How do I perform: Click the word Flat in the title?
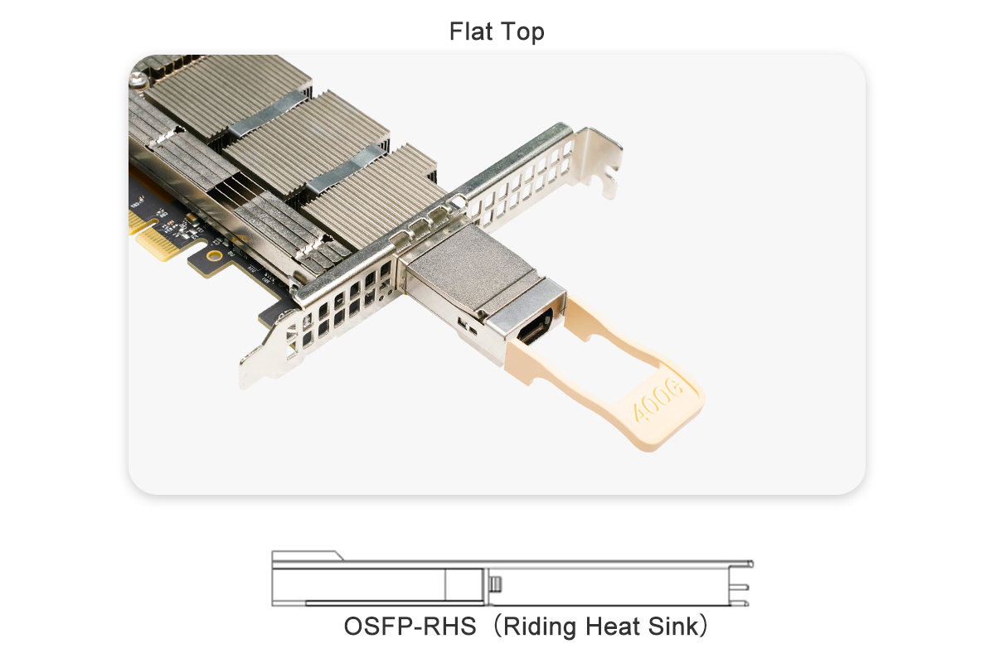click(469, 31)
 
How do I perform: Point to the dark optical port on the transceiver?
click(536, 328)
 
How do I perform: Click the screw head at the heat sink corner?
click(138, 81)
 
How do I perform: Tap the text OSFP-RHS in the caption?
click(410, 627)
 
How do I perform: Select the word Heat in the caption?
click(612, 627)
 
